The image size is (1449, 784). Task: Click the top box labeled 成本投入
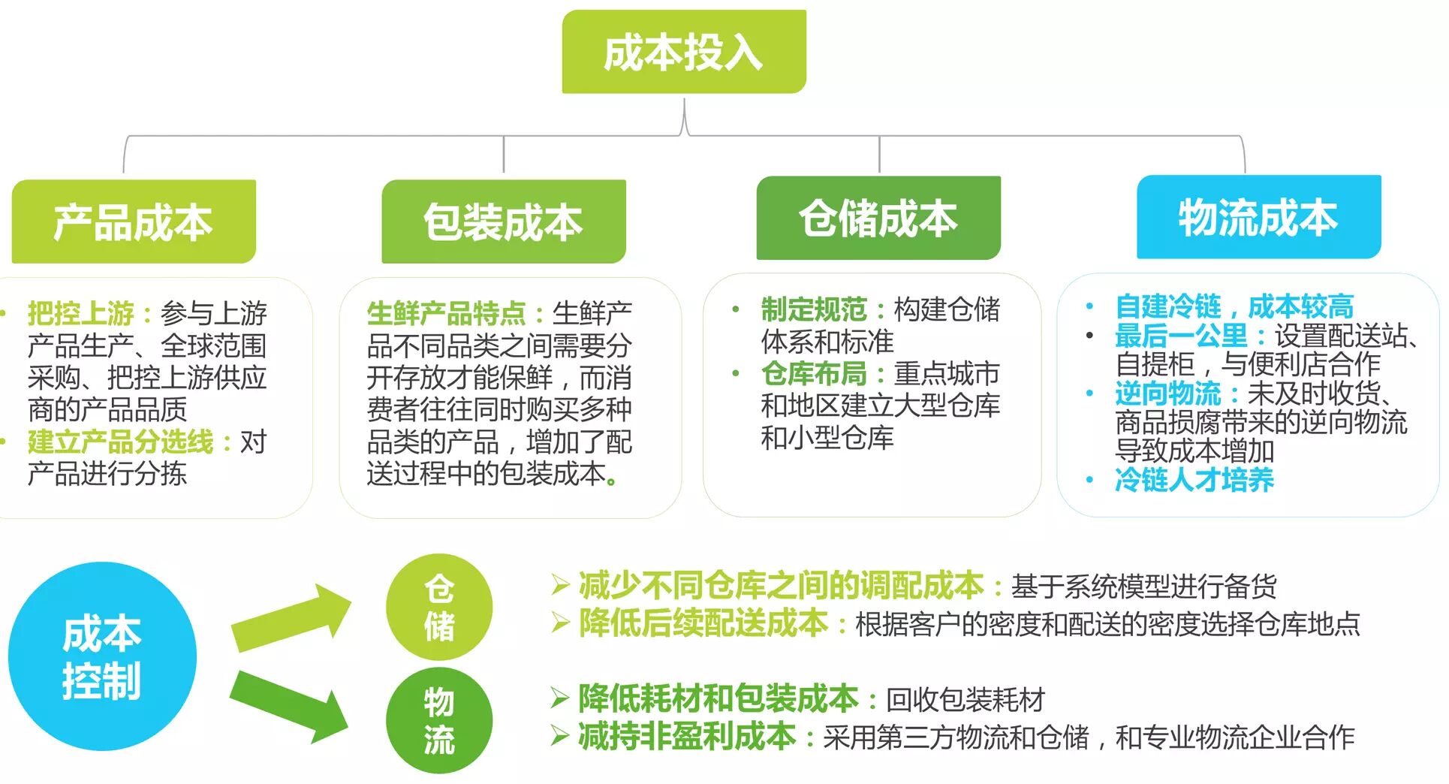coord(683,52)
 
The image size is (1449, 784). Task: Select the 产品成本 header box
coord(134,222)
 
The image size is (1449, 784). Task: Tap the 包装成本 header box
coord(503,222)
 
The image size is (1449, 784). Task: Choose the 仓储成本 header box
coord(878,218)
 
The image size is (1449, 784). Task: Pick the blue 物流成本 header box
coord(1258,217)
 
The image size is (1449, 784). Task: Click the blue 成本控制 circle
coord(102,656)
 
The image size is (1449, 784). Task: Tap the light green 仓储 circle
coord(439,607)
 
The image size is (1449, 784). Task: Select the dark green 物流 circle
coord(439,720)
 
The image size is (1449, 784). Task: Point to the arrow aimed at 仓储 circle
coord(289,618)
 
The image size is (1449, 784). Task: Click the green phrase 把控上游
coord(80,312)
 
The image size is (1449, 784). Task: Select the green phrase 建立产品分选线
coord(120,442)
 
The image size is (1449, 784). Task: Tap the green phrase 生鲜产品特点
coord(446,312)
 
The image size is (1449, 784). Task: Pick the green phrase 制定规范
coord(814,309)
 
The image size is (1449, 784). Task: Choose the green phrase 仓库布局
coord(814,373)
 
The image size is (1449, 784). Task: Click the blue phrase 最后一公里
coord(1180,335)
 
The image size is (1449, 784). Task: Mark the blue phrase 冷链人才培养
coord(1194,479)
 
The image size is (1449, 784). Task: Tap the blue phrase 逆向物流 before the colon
coord(1167,393)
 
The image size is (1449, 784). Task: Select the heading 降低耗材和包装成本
coord(718,698)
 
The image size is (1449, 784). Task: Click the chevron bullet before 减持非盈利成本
coord(559,737)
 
